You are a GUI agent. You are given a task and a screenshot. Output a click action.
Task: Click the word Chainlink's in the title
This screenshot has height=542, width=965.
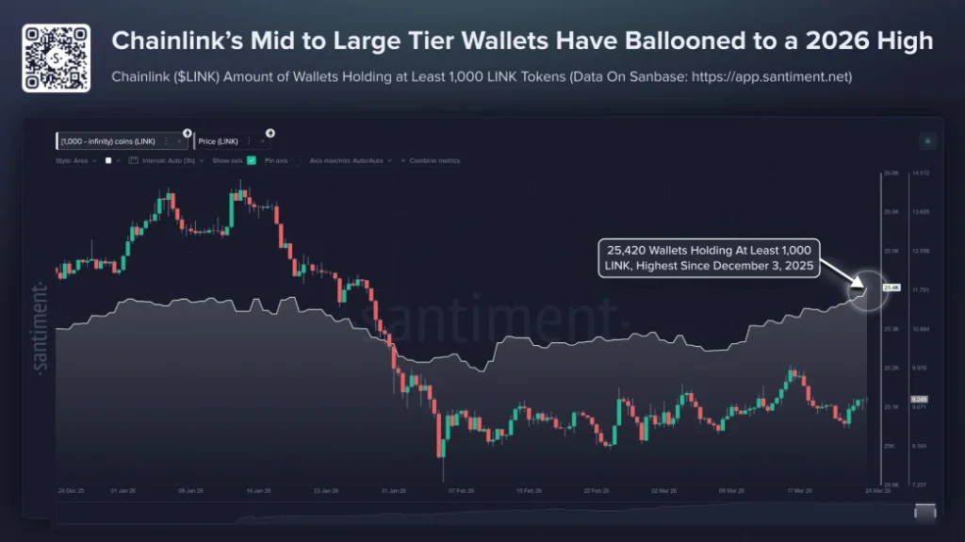point(172,41)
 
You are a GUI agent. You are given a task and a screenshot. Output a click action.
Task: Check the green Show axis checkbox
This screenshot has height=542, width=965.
point(252,161)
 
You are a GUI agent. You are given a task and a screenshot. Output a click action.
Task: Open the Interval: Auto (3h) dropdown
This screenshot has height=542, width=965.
point(169,161)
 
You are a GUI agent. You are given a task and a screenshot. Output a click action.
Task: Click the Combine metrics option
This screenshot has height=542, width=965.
point(434,161)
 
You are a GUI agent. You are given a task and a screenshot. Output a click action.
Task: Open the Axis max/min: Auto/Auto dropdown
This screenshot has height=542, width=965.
point(349,161)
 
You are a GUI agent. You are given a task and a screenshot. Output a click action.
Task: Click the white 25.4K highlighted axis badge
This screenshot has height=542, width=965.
point(891,287)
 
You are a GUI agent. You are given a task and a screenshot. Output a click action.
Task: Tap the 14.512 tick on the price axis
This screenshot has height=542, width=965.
point(922,173)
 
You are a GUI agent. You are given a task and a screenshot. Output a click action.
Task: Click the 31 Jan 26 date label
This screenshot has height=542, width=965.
point(393,491)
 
